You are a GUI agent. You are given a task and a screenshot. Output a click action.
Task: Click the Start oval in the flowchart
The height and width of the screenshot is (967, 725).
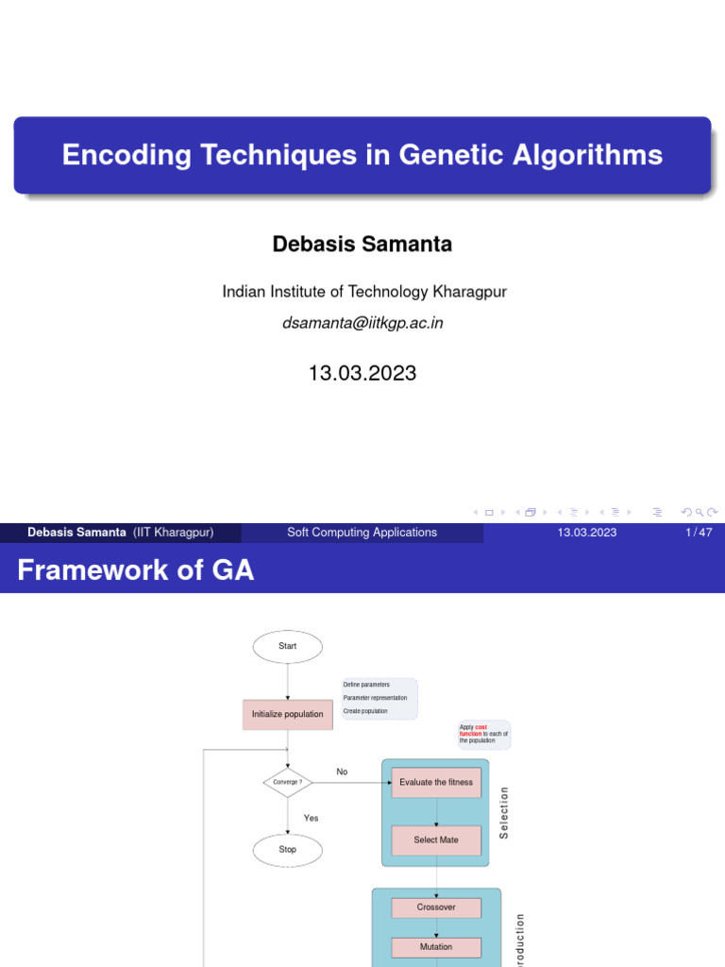(288, 646)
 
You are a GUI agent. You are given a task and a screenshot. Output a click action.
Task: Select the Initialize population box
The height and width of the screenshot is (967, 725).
(287, 714)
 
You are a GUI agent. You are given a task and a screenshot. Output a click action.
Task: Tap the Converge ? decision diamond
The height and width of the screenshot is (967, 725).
(287, 782)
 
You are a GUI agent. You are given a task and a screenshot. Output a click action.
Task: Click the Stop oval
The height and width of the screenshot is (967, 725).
(287, 850)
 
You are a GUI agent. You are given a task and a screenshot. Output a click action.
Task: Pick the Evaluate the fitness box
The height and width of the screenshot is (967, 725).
(436, 782)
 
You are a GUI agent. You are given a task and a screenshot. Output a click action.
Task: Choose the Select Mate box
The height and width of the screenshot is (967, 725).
(436, 840)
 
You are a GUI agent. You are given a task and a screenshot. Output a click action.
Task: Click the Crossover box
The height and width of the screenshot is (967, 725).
(436, 908)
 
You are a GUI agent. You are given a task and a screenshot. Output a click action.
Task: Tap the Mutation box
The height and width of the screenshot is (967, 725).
(436, 947)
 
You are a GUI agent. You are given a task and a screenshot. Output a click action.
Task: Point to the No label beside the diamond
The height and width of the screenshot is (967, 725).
(342, 772)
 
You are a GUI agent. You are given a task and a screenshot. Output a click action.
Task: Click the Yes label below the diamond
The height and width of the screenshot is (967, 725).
(311, 818)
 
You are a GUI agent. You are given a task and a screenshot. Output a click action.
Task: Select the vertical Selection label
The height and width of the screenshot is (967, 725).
(504, 812)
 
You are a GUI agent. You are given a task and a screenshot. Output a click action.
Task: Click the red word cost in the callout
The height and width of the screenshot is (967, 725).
(481, 726)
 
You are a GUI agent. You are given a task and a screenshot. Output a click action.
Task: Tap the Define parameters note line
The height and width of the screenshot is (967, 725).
(366, 685)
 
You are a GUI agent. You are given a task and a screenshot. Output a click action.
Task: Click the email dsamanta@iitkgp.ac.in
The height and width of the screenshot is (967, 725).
(362, 323)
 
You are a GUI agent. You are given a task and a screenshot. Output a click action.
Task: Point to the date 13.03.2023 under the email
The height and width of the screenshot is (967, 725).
(362, 373)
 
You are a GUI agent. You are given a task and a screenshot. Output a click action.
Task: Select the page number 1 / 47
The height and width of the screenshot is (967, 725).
(699, 533)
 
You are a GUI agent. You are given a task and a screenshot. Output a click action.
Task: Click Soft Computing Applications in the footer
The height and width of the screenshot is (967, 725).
(362, 533)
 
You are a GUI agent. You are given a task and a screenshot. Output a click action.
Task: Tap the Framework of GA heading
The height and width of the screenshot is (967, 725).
(136, 570)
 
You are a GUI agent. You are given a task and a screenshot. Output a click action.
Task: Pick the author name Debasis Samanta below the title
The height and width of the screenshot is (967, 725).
(362, 244)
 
